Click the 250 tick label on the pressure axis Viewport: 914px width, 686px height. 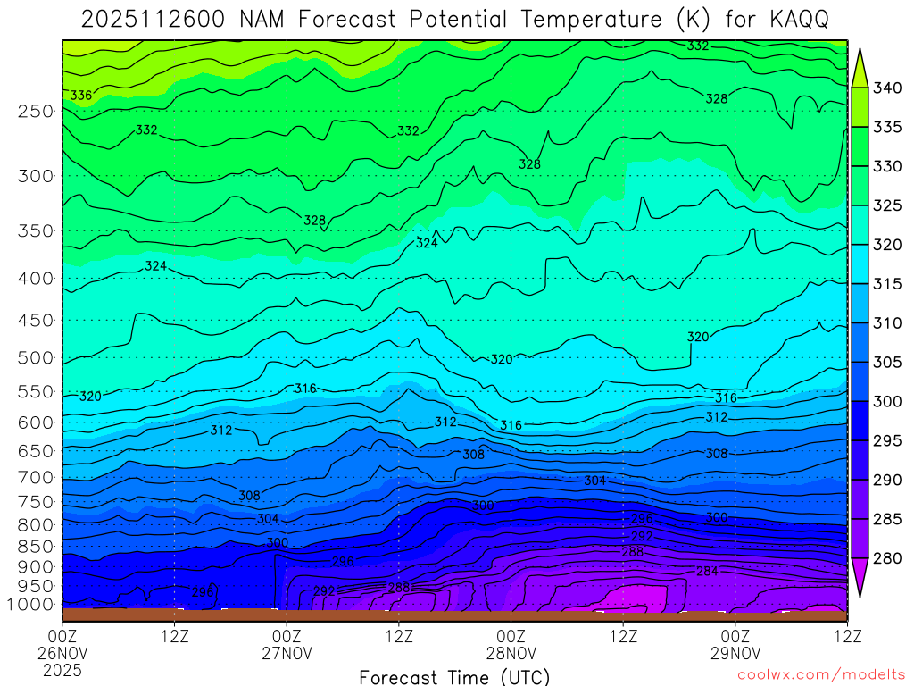[36, 112]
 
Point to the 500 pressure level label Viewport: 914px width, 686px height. [36, 358]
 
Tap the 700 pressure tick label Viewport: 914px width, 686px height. [36, 477]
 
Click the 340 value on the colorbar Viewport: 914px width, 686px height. [888, 88]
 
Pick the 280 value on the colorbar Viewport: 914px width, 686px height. [888, 559]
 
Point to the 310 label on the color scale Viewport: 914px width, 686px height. [888, 323]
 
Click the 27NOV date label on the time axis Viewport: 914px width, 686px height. [287, 653]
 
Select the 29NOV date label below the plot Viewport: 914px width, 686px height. [735, 653]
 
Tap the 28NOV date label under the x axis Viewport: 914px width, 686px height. [511, 653]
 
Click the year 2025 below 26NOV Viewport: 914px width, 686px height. [62, 669]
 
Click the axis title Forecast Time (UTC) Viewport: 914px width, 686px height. [454, 676]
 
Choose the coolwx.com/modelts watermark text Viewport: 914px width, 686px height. [822, 676]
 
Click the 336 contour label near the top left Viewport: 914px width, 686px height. [80, 95]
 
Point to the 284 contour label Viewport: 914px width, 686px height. [707, 571]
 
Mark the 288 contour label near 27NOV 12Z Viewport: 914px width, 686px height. [399, 587]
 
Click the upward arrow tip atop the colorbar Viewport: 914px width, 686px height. [860, 52]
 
